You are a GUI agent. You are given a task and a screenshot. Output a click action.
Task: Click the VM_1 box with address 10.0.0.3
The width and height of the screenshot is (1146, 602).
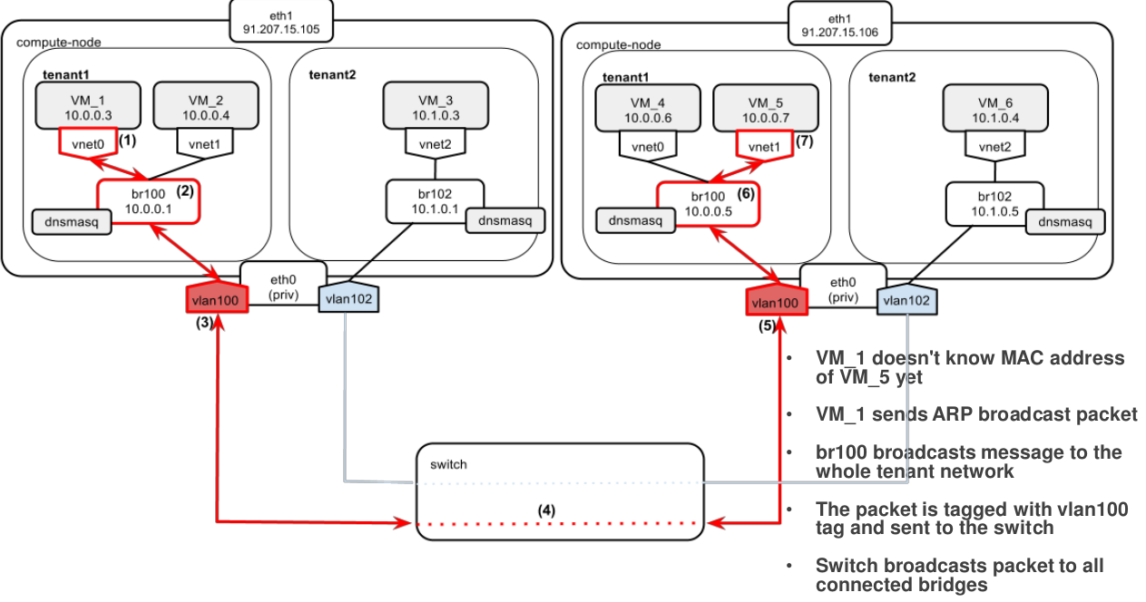click(87, 106)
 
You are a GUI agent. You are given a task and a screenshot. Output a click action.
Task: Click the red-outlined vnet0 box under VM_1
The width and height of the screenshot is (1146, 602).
click(87, 142)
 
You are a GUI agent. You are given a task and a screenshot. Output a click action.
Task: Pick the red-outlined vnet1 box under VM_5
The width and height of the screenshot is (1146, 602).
click(763, 144)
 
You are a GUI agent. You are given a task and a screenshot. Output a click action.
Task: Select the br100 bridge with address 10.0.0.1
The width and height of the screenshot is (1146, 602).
click(148, 201)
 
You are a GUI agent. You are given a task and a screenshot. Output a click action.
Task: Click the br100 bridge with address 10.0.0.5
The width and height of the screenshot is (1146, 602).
click(708, 204)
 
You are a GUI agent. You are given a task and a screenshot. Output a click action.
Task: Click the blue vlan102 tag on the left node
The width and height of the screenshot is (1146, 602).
click(348, 298)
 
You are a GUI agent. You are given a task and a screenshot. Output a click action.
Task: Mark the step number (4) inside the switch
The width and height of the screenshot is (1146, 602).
click(545, 510)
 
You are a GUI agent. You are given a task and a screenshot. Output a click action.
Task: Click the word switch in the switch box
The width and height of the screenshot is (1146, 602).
click(448, 464)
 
